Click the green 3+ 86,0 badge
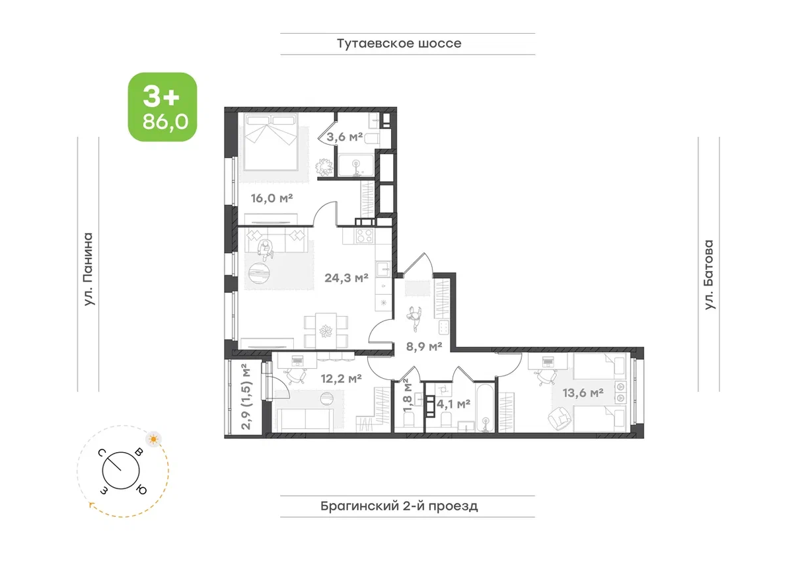point(163,107)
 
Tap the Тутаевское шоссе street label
point(399,44)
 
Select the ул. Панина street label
point(88,269)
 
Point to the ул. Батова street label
point(709,274)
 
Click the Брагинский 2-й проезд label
point(399,506)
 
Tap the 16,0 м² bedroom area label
point(272,198)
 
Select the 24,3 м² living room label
point(346,278)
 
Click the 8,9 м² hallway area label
point(424,346)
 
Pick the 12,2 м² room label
point(342,378)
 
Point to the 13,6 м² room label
point(583,393)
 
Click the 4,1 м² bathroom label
point(453,404)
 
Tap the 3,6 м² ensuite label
point(344,137)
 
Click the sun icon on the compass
point(153,439)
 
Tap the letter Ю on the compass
point(141,490)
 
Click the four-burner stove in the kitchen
point(365,235)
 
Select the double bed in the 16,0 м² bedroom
point(272,141)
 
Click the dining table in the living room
point(326,330)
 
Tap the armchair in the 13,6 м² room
point(560,418)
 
